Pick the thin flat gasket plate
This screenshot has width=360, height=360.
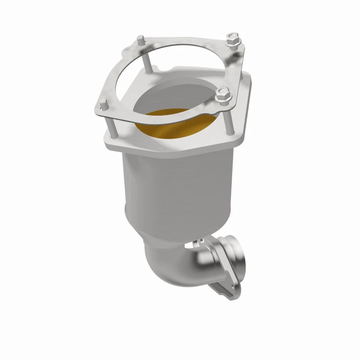coord(121,90)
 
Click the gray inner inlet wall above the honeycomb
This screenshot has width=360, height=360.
coord(180,97)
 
